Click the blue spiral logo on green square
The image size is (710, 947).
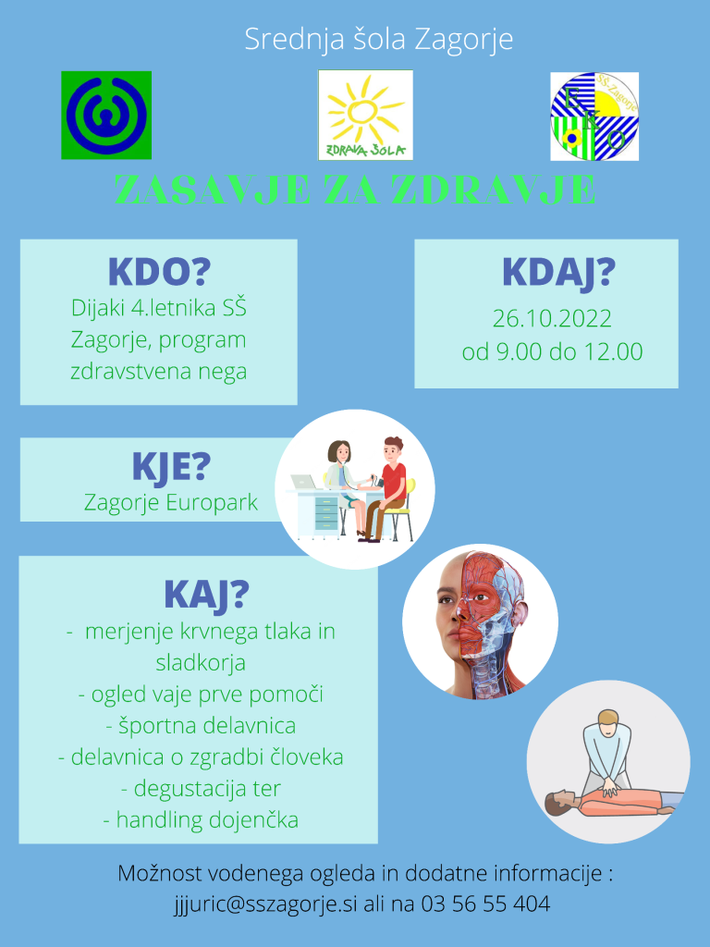pyautogui.click(x=106, y=115)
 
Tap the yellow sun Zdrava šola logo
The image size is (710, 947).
pyautogui.click(x=365, y=115)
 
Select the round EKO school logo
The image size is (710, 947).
pyautogui.click(x=594, y=116)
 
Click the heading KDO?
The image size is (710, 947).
pyautogui.click(x=159, y=273)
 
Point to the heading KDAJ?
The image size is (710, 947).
pyautogui.click(x=558, y=273)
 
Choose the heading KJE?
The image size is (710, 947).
pyautogui.click(x=171, y=466)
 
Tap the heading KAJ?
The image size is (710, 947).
pyautogui.click(x=206, y=595)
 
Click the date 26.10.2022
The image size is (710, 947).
pyautogui.click(x=552, y=318)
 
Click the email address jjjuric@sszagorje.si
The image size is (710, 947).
pyautogui.click(x=265, y=904)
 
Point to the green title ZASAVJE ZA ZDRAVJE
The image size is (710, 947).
pyautogui.click(x=355, y=191)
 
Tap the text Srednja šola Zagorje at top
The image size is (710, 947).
pyautogui.click(x=378, y=39)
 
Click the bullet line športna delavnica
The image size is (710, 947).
pyautogui.click(x=201, y=725)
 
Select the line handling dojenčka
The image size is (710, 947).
pyautogui.click(x=201, y=820)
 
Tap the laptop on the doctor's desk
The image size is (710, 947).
pyautogui.click(x=303, y=482)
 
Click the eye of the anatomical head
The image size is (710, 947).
pyautogui.click(x=480, y=597)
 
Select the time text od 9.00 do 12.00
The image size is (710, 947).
pyautogui.click(x=552, y=351)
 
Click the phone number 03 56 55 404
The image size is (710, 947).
pyautogui.click(x=485, y=904)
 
